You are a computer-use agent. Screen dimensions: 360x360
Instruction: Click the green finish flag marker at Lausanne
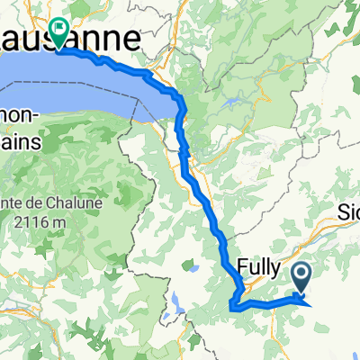point(59,33)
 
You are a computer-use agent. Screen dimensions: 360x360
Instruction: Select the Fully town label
point(260,267)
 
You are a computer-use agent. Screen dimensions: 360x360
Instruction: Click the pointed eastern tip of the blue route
point(311,305)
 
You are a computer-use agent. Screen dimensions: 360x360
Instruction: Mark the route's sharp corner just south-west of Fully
point(232,308)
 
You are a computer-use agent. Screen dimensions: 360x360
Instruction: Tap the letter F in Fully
point(244,266)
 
